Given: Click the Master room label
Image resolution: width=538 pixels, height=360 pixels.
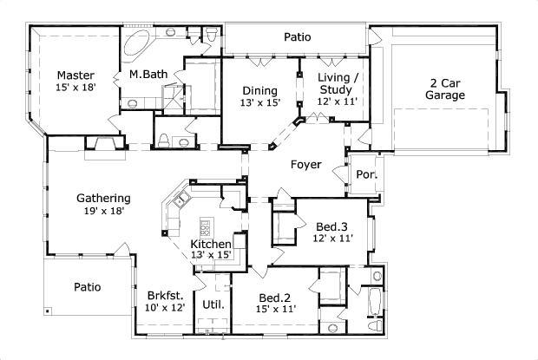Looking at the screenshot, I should [x=75, y=75].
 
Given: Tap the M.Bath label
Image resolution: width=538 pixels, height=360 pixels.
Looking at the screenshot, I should [x=148, y=75].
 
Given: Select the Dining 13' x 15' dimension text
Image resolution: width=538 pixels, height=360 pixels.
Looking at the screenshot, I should [x=260, y=103].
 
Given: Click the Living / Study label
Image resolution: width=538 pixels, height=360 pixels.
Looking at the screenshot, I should [x=335, y=83].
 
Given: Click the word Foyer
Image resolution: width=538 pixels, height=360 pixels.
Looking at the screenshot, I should [x=305, y=164].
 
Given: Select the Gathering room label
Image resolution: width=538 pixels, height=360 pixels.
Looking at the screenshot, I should [x=102, y=198].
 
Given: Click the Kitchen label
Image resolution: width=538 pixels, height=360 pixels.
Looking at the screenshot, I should [x=211, y=245].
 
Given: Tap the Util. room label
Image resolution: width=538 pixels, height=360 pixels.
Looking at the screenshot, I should [x=213, y=305].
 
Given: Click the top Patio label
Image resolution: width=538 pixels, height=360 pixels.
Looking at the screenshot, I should [x=298, y=37].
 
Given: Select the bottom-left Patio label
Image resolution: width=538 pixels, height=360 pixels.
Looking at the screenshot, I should [x=87, y=286].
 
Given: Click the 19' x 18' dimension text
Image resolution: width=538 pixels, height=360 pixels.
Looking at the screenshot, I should [x=102, y=210].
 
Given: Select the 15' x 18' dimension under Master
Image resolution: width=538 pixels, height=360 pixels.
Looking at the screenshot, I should [x=75, y=87].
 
